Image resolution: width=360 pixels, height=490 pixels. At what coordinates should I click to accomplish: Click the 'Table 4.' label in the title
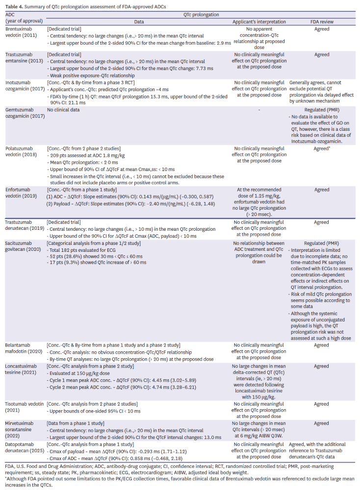(13, 5)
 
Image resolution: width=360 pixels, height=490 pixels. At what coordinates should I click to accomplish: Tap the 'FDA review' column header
(322, 22)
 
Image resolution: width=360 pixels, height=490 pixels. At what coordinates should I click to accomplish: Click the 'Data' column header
(138, 22)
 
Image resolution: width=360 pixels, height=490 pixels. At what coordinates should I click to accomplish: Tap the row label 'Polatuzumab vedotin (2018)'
(22, 151)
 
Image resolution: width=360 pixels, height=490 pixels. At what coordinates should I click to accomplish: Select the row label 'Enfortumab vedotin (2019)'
(22, 193)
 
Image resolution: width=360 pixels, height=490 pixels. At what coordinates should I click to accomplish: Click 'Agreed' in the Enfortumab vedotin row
(322, 190)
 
